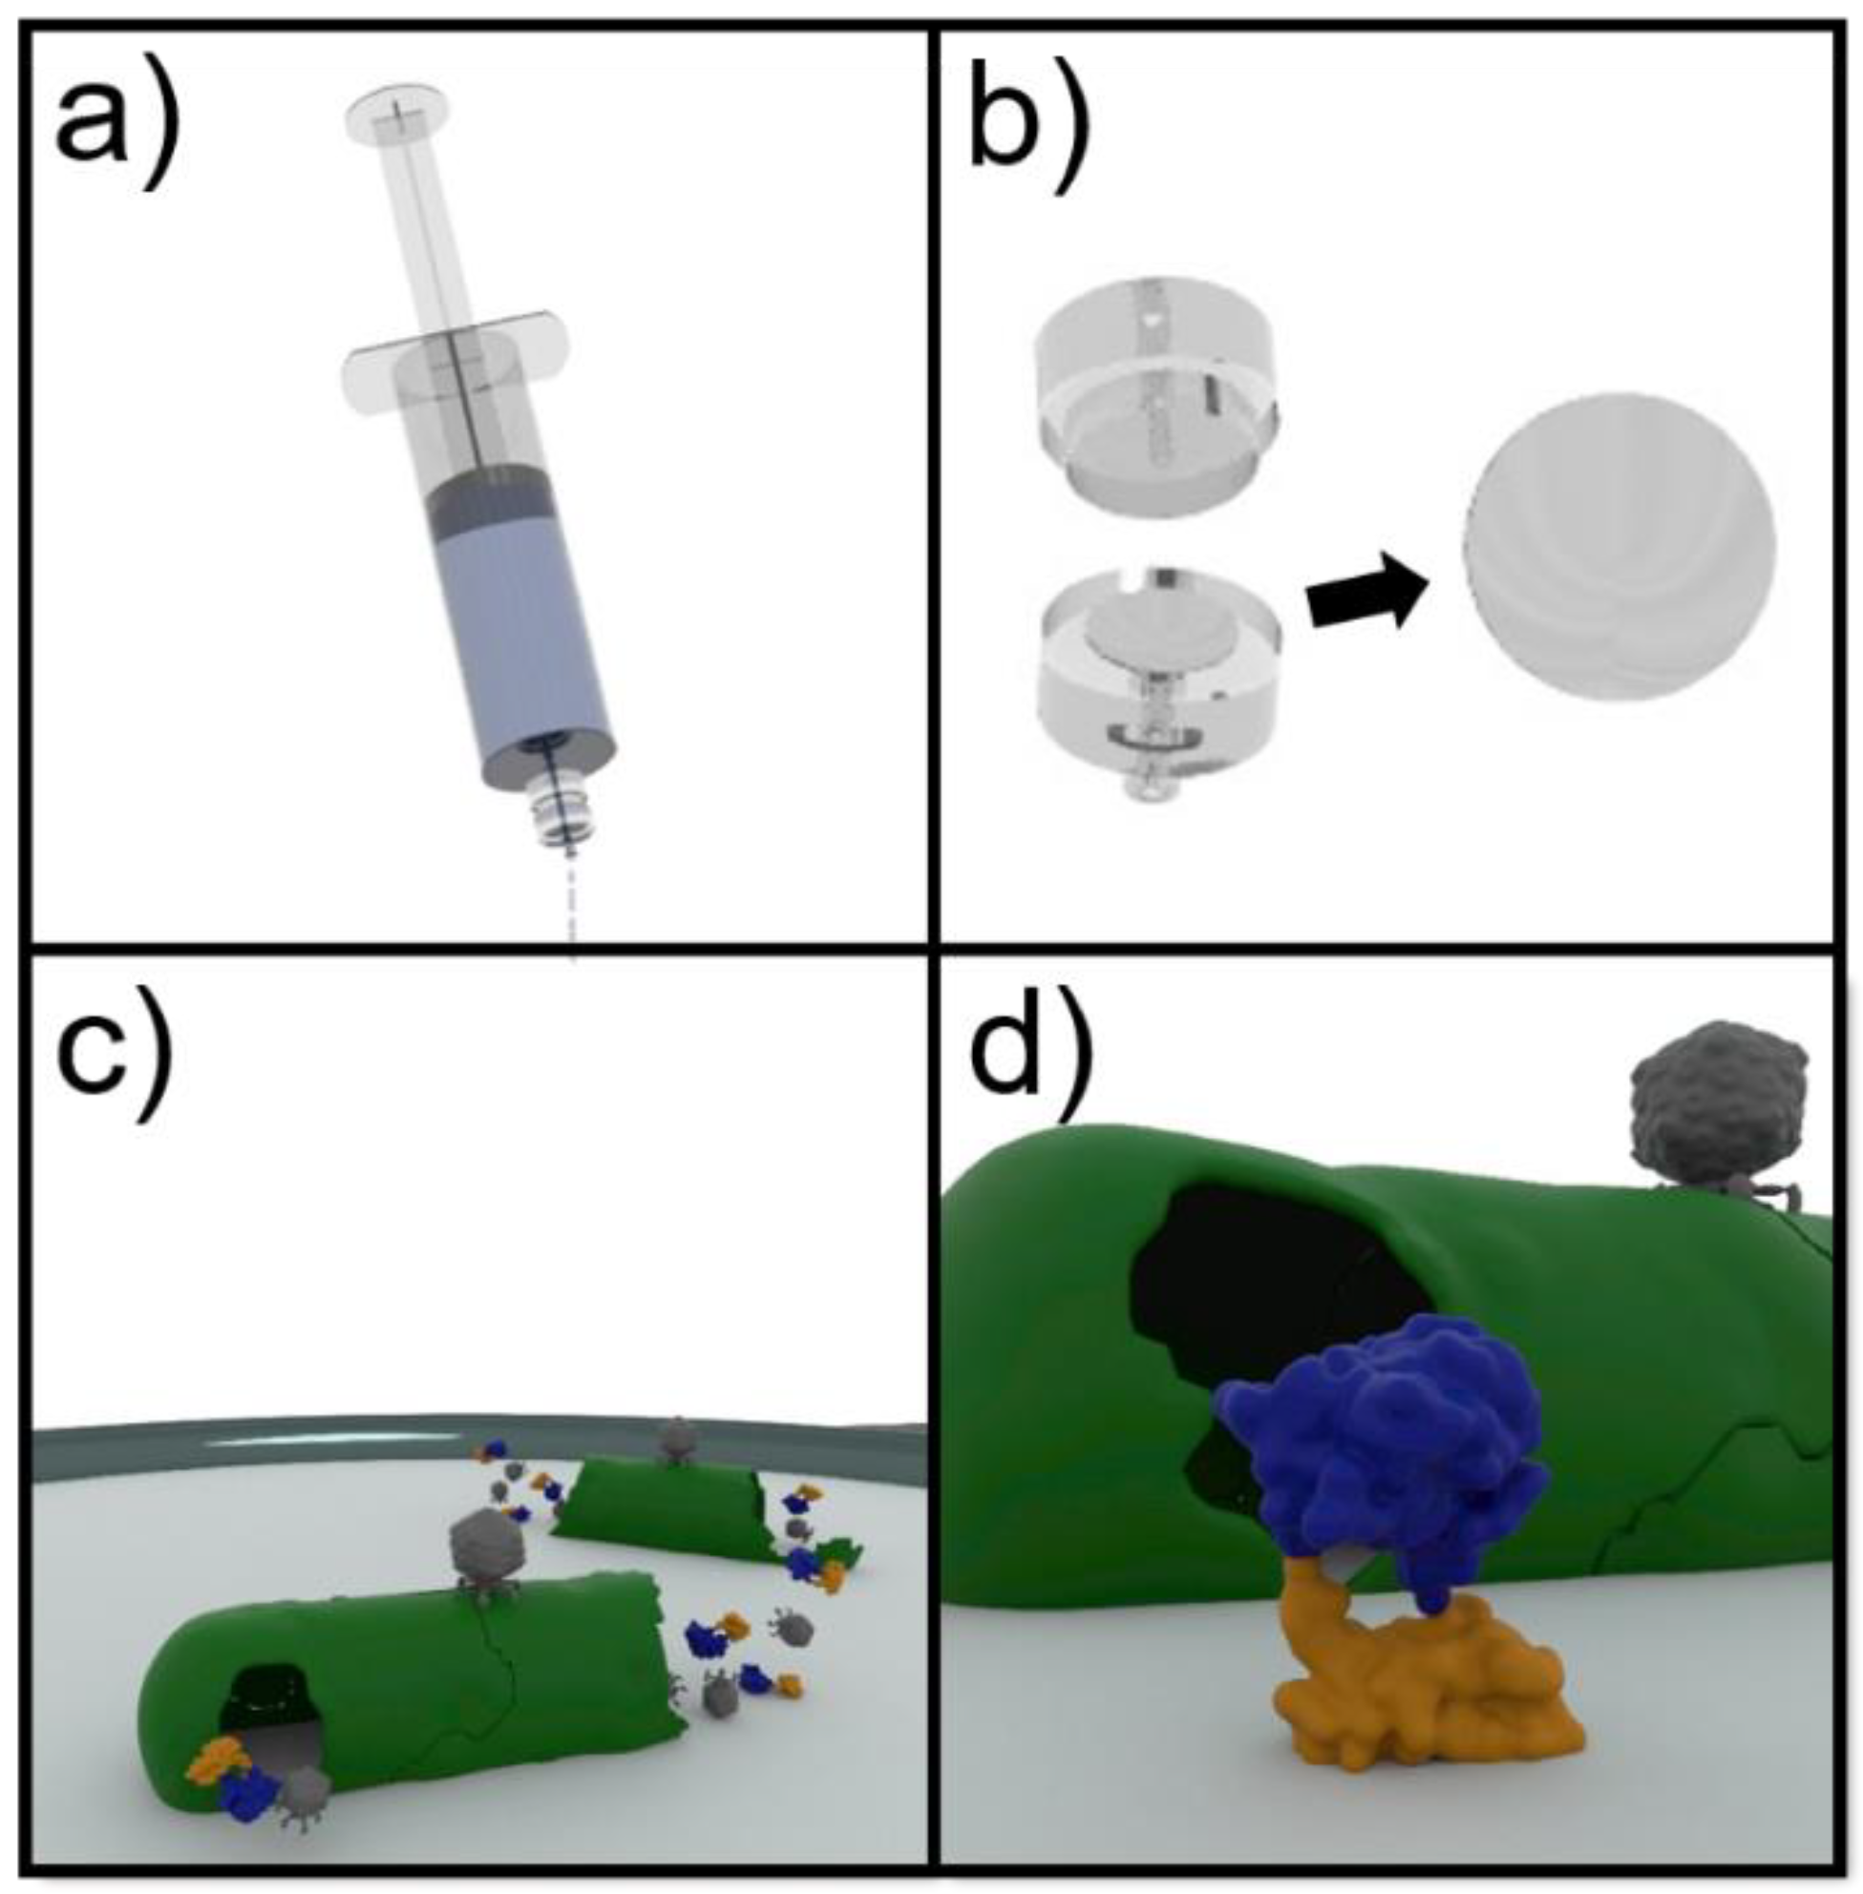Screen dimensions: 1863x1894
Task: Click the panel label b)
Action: pos(1028,127)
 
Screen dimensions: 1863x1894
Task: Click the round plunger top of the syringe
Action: pos(397,111)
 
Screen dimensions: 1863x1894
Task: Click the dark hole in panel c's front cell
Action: pos(269,1707)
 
